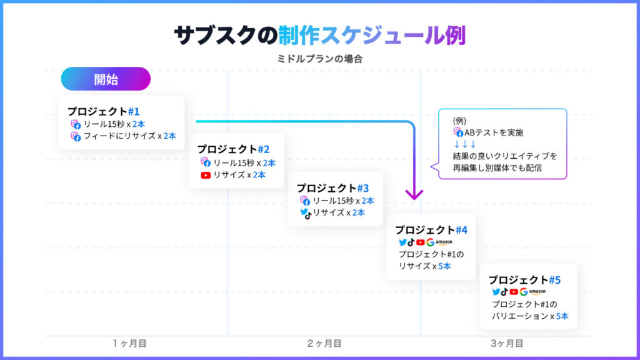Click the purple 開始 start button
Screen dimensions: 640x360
[106, 79]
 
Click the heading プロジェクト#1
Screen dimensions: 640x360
[103, 111]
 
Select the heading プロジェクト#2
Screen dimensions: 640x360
[233, 149]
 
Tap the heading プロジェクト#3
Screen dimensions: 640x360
[332, 187]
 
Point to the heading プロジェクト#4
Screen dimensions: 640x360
[431, 230]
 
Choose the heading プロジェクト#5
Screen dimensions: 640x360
[524, 279]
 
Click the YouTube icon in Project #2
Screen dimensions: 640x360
[206, 175]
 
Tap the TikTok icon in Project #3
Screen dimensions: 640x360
[309, 215]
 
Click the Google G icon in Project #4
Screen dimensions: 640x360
[430, 242]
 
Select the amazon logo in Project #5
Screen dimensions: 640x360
[537, 292]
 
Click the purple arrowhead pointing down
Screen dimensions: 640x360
[414, 194]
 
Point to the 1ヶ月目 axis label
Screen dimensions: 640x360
[130, 344]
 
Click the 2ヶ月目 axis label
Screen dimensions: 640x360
[324, 344]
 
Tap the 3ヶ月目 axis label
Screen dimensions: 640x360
[507, 344]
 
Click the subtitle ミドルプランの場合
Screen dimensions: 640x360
[319, 59]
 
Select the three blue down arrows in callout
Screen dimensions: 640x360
[465, 144]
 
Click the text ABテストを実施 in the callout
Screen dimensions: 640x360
[494, 132]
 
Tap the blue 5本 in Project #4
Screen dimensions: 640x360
[444, 266]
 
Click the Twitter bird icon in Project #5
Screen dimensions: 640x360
[496, 292]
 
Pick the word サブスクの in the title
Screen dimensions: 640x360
[226, 35]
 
